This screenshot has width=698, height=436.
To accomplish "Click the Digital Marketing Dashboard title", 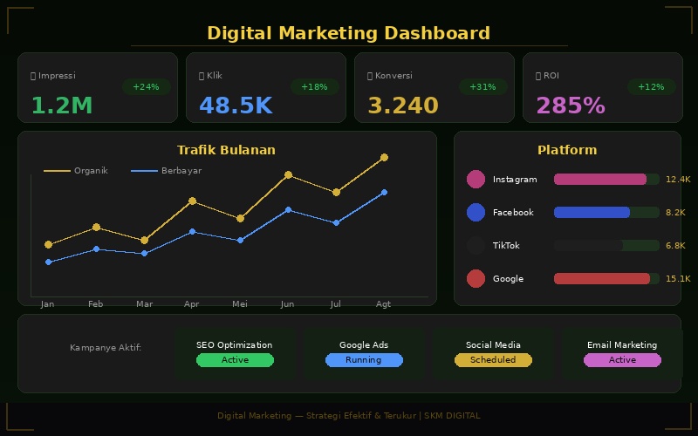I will click(348, 33).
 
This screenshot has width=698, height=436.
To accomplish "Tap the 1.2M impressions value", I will click(61, 106).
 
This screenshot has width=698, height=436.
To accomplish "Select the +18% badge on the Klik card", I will click(314, 87).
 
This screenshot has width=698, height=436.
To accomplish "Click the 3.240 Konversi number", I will click(402, 106).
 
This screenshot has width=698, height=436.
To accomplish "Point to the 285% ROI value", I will click(570, 106).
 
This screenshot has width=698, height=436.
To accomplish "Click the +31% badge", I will click(482, 87).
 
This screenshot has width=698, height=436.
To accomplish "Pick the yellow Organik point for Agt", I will click(384, 158).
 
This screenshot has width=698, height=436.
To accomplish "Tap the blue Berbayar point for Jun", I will click(288, 210).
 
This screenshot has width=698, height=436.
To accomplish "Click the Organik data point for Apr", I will click(192, 201).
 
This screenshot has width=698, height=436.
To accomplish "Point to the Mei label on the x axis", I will click(240, 304).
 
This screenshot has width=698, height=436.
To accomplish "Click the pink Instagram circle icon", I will click(476, 180).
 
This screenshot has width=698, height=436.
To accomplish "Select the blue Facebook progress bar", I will click(592, 213).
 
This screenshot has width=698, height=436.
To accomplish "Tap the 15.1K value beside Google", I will click(677, 279).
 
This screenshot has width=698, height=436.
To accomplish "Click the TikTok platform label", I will click(506, 246).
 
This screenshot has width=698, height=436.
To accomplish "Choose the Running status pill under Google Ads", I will click(364, 360).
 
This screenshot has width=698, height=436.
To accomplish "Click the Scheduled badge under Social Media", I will click(493, 360).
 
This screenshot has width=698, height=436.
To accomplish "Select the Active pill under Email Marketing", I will click(622, 360).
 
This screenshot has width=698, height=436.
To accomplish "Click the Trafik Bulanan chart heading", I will click(226, 150).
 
